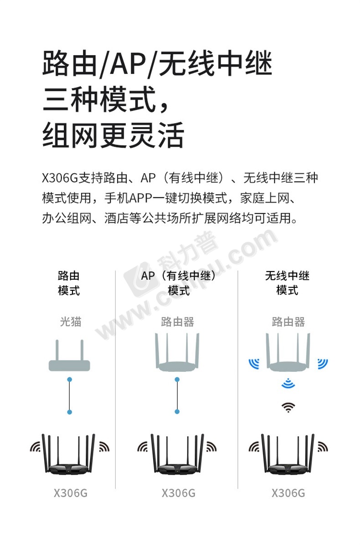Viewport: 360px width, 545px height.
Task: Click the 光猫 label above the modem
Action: pyautogui.click(x=71, y=322)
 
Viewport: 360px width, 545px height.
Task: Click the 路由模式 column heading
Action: pyautogui.click(x=69, y=283)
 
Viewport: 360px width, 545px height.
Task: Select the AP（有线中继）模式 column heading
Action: pyautogui.click(x=178, y=283)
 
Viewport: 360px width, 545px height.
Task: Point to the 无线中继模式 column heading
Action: pyautogui.click(x=288, y=283)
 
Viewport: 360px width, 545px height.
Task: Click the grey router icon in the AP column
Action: pyautogui.click(x=177, y=352)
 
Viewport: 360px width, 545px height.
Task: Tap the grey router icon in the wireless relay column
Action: pyautogui.click(x=288, y=352)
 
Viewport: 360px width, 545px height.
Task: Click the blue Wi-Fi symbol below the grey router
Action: pyautogui.click(x=288, y=383)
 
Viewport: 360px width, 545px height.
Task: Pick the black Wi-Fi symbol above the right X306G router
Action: pyautogui.click(x=288, y=407)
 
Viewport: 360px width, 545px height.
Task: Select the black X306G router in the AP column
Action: pyautogui.click(x=178, y=454)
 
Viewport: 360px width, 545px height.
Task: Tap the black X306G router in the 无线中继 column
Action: pyautogui.click(x=288, y=454)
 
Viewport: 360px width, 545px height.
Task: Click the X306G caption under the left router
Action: pyautogui.click(x=71, y=493)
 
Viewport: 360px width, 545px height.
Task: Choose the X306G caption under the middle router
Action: pyautogui.click(x=178, y=493)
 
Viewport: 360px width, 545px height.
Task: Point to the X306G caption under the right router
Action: pyautogui.click(x=288, y=493)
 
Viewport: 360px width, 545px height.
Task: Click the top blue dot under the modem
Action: pyautogui.click(x=70, y=379)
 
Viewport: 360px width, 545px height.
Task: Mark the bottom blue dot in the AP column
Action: pyautogui.click(x=177, y=411)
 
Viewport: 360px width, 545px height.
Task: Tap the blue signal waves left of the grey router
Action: pyautogui.click(x=254, y=363)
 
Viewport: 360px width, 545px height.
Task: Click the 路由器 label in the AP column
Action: pyautogui.click(x=177, y=322)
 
